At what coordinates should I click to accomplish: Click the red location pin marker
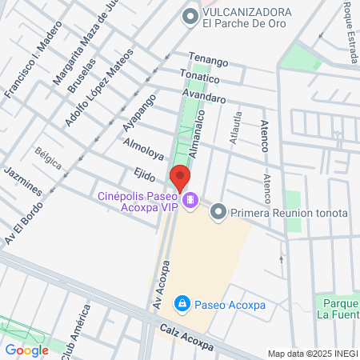point(180,178)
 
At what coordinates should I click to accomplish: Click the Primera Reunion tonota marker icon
point(218,213)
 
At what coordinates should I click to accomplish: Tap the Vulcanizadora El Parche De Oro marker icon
point(190,16)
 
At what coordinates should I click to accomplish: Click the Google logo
point(26,350)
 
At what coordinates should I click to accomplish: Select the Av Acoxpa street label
point(158,283)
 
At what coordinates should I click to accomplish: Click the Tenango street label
point(208,62)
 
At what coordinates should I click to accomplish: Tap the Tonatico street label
point(199,78)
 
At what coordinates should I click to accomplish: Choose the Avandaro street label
point(204,98)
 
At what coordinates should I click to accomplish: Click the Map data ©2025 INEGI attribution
point(312,354)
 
